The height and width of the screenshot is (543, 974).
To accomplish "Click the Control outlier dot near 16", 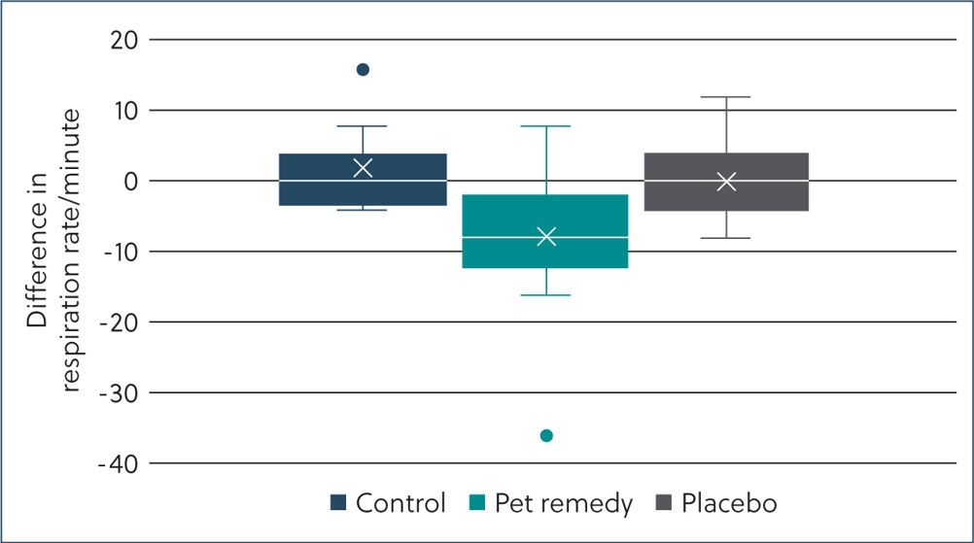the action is (x=363, y=70).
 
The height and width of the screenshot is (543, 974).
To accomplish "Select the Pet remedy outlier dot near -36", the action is (x=546, y=435).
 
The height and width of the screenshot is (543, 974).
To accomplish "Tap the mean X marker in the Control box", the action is (x=363, y=167).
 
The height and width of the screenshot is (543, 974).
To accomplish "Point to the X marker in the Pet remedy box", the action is (x=546, y=236).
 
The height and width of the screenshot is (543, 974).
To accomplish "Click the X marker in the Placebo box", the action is (x=726, y=182).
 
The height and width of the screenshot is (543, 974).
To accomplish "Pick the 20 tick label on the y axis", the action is (x=124, y=41).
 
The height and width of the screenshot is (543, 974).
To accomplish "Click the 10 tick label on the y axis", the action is (x=125, y=111).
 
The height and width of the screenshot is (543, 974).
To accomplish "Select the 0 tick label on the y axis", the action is (x=131, y=182).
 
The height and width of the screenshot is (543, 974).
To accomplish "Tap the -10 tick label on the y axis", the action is (x=121, y=253).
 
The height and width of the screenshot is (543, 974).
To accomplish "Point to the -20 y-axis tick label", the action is (x=120, y=323).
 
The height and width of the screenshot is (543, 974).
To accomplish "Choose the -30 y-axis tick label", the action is (x=120, y=394).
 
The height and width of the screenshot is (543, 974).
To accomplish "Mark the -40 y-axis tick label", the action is (x=119, y=464).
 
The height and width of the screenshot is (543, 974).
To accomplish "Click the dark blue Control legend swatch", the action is (x=338, y=502).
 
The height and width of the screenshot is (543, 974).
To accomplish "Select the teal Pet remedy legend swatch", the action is (x=477, y=502).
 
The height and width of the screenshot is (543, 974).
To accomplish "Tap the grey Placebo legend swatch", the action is (x=664, y=502).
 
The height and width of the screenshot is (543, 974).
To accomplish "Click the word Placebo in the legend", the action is (x=729, y=502).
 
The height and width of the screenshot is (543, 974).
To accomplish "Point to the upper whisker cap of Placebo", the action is (x=726, y=97).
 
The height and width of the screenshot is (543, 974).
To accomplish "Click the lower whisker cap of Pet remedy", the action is (x=546, y=294).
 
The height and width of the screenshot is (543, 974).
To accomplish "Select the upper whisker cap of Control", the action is (x=363, y=126).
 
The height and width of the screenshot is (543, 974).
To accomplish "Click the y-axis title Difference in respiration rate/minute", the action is (x=53, y=250).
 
